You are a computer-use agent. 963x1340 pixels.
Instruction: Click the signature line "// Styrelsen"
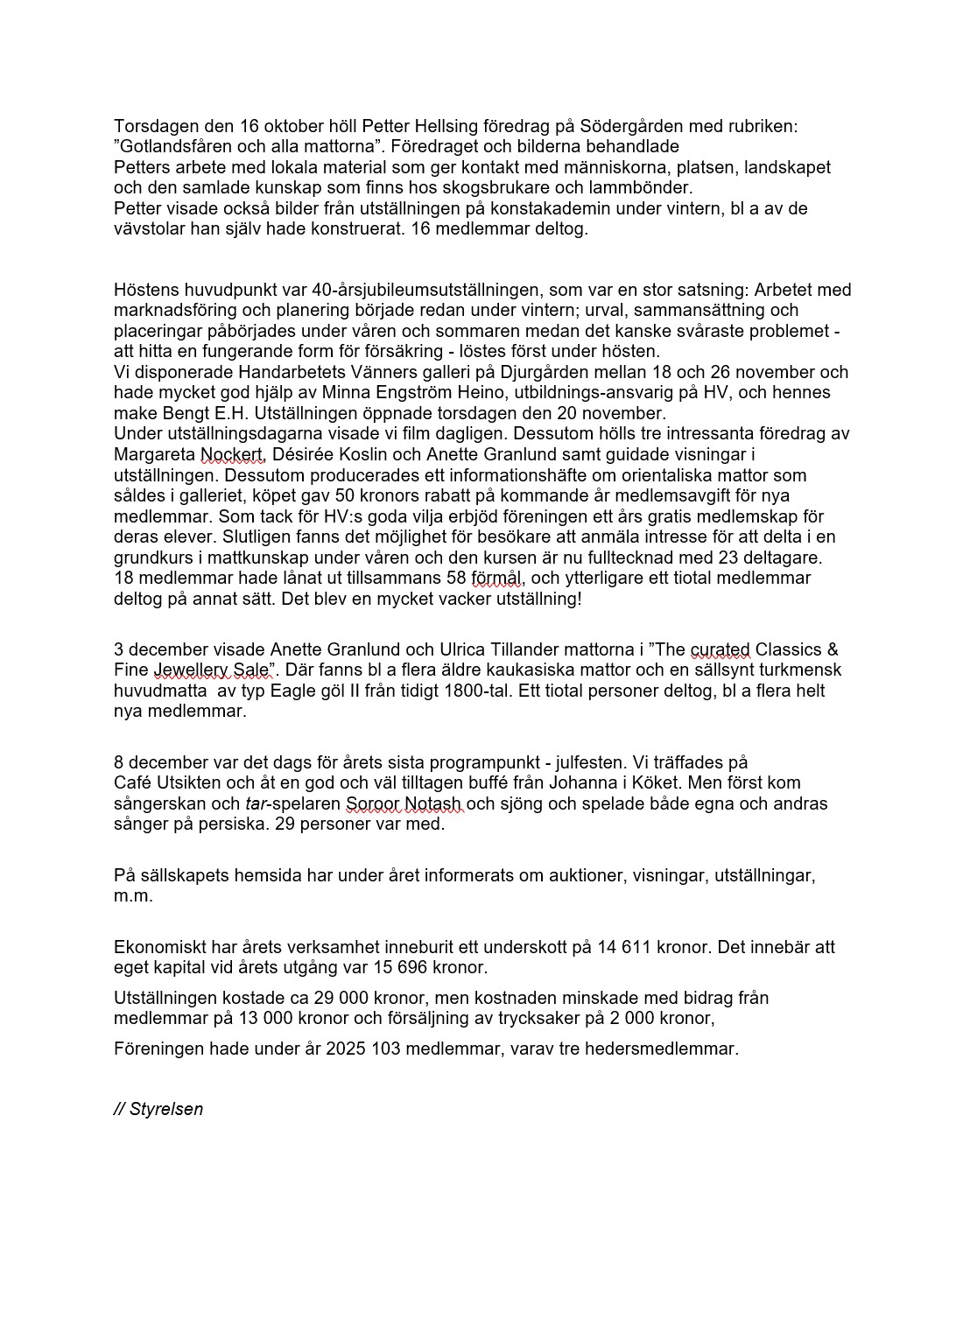158,1109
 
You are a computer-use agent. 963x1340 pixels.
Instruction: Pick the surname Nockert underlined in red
233,454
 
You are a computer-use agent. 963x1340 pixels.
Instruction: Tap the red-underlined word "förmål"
496,578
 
